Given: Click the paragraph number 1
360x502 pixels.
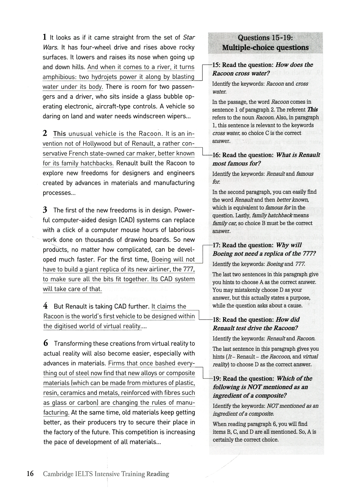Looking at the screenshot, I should click(45, 37).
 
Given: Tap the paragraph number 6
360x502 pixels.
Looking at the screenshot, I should click(45, 343).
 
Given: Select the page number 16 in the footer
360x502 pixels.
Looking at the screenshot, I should click(30, 474).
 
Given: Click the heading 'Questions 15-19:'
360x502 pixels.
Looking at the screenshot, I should click(265, 38).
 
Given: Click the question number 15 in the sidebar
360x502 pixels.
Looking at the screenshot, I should click(216, 65).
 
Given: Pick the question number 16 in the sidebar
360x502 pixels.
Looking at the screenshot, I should click(216, 155).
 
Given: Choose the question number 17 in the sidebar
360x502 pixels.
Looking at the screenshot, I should click(216, 245).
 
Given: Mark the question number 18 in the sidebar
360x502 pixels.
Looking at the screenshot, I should click(216, 320).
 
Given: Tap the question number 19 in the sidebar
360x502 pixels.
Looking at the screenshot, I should click(216, 379).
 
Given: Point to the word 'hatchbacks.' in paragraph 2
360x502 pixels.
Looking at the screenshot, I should click(98, 163).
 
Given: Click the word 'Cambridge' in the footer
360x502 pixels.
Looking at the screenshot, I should click(58, 474).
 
